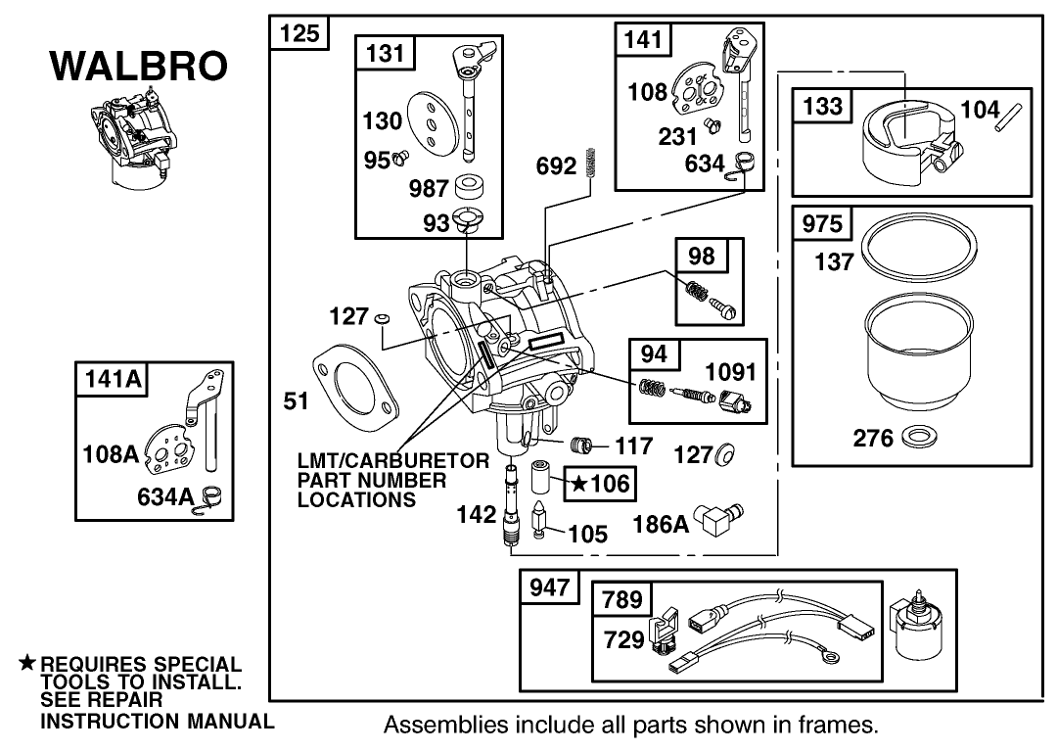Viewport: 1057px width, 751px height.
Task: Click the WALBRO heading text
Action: [x=138, y=67]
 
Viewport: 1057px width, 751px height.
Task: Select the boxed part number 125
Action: [x=299, y=34]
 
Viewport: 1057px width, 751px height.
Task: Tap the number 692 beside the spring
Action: [x=557, y=166]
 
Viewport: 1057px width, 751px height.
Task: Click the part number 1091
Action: [x=730, y=372]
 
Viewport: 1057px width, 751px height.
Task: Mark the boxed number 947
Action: [x=548, y=588]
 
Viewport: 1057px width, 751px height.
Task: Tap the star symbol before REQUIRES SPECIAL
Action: [x=27, y=663]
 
